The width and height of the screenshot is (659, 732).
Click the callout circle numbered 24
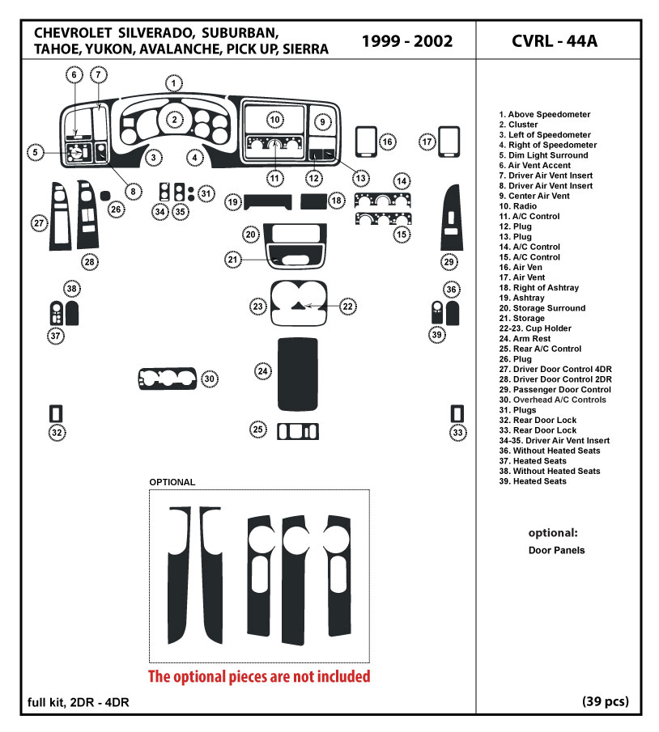[x=263, y=371]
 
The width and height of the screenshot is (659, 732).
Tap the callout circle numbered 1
[x=173, y=83]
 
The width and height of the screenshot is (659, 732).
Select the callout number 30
[x=209, y=379]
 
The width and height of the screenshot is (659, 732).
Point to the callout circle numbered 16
[x=388, y=142]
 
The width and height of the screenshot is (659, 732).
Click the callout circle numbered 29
[x=449, y=261]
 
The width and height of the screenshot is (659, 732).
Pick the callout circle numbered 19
[x=232, y=201]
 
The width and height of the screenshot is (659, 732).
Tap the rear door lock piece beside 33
[x=457, y=413]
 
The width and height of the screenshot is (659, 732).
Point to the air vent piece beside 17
[x=449, y=140]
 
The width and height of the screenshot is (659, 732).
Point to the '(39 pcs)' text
[x=605, y=701]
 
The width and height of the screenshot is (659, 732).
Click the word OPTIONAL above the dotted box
[x=172, y=482]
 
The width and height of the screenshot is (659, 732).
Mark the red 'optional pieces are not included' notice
[x=258, y=676]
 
